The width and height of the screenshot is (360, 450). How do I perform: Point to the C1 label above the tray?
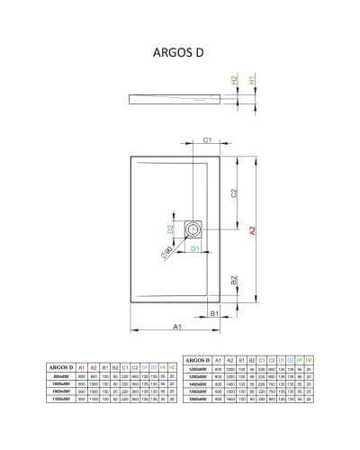click(206, 141)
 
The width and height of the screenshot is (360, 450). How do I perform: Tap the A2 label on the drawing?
click(254, 231)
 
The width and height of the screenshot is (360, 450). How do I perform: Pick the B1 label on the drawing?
click(215, 312)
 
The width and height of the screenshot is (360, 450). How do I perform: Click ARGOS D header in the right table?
click(196, 360)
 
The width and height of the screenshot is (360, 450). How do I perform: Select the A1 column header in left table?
click(82, 367)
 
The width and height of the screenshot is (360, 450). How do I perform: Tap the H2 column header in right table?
click(310, 360)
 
